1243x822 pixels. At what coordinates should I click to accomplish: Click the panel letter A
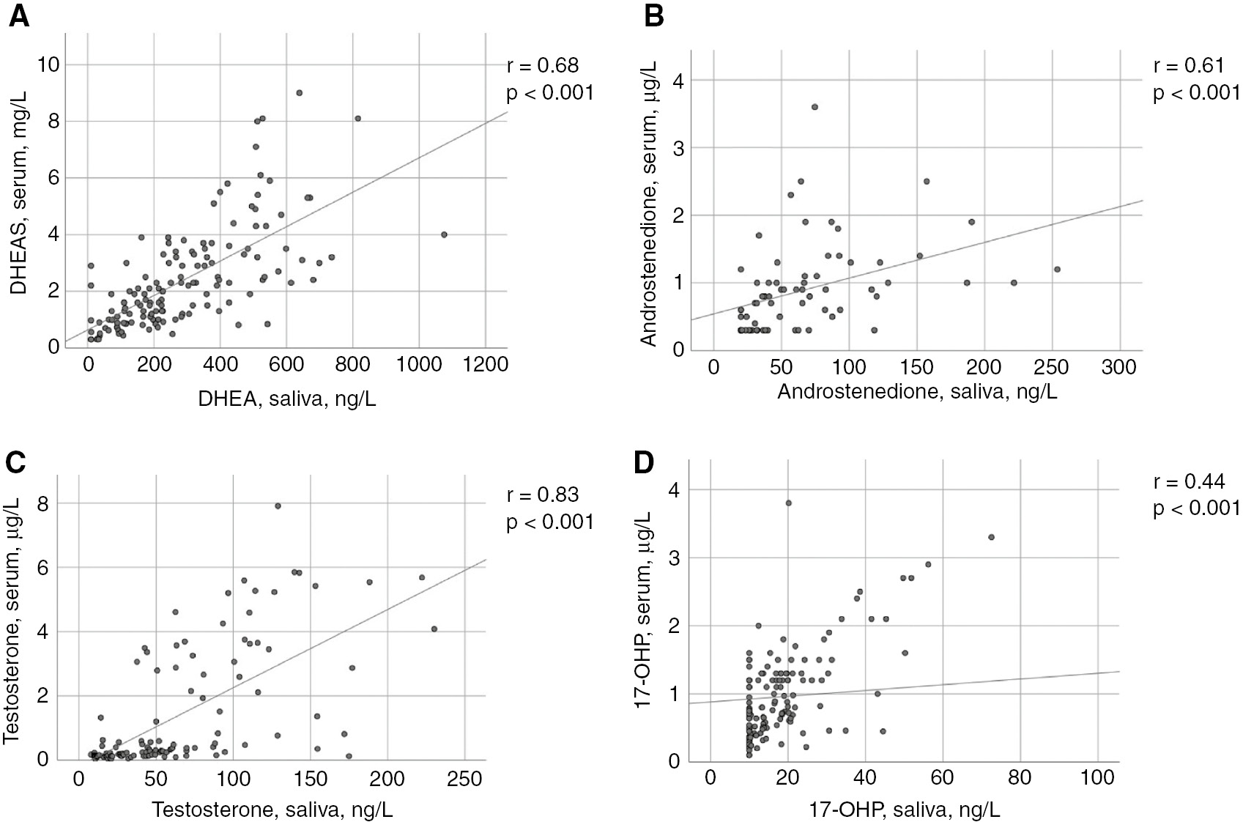pos(18,15)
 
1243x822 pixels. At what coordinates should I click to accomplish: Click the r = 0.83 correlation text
pos(542,495)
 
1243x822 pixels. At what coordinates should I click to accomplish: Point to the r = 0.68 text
pos(542,65)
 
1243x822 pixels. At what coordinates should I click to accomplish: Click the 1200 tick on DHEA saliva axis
pos(485,365)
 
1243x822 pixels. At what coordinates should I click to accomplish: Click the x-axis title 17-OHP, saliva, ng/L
pos(904,809)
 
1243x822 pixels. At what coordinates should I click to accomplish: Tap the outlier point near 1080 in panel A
pos(444,234)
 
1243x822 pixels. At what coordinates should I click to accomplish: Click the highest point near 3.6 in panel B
pos(815,107)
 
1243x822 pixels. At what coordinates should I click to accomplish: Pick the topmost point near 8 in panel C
pos(278,506)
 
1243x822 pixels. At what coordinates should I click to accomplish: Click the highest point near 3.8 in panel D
pos(788,503)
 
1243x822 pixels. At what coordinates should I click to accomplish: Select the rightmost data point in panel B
pos(1057,269)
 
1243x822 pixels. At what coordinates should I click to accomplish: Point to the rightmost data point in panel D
pos(991,537)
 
